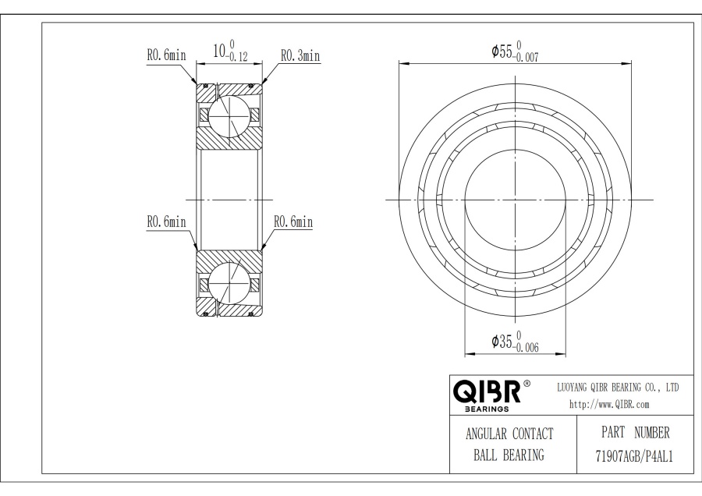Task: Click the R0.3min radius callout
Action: (x=300, y=55)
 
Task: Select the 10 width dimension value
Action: (x=219, y=51)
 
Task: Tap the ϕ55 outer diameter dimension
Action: (x=515, y=51)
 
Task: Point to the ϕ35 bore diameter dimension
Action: (x=515, y=342)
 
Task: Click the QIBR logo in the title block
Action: (x=487, y=391)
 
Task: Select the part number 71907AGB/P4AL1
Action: (x=634, y=456)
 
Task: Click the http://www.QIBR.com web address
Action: (x=609, y=404)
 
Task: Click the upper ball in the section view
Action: (x=229, y=115)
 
